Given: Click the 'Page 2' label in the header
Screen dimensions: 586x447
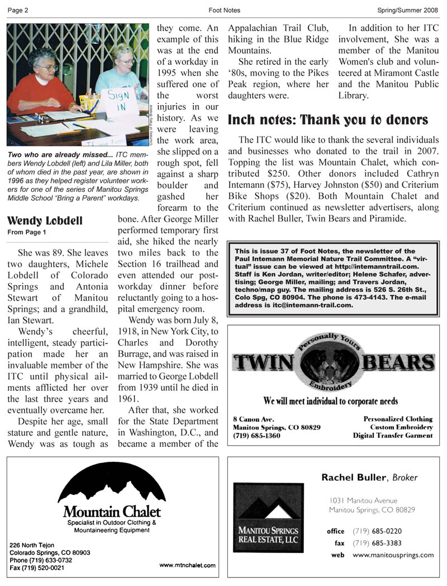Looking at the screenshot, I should (x=18, y=10).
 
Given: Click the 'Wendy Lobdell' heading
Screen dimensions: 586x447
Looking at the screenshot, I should (x=45, y=220).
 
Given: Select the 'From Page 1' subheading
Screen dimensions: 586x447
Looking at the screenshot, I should (x=27, y=231).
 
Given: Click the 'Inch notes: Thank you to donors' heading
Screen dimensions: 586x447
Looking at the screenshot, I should (x=328, y=120).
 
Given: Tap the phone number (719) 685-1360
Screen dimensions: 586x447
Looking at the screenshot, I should (x=257, y=436).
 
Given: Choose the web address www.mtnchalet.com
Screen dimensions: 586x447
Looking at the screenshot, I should (x=187, y=566).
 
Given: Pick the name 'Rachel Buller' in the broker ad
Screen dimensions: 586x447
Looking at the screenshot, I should (x=353, y=478).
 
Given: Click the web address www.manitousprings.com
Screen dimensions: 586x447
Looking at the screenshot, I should (x=393, y=555).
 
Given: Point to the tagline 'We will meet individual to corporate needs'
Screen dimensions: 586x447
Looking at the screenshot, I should (x=331, y=401).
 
